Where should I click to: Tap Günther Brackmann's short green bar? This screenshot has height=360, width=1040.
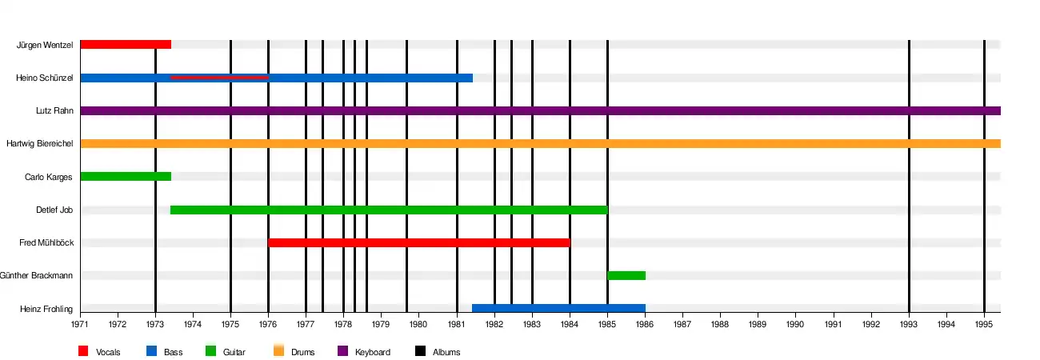(x=626, y=275)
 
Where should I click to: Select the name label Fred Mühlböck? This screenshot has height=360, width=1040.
(x=46, y=242)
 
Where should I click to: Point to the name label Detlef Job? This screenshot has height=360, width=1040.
(x=55, y=210)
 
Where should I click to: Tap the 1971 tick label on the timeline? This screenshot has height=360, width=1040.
(x=80, y=325)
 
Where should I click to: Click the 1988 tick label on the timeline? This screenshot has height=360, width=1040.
(x=720, y=325)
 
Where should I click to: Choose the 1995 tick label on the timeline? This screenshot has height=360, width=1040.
(x=984, y=325)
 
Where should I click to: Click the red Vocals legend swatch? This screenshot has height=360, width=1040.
(x=83, y=350)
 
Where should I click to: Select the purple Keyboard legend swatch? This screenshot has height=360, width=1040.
(x=342, y=350)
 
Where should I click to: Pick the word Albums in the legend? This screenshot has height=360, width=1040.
(x=446, y=352)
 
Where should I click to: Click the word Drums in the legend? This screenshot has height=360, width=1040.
(x=302, y=352)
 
